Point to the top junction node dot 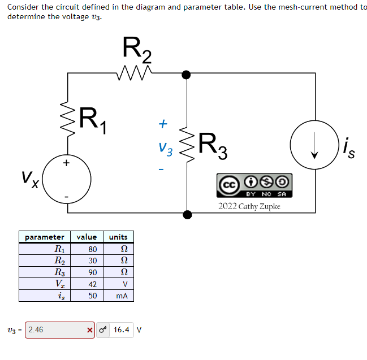click(187, 74)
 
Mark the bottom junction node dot click(187, 213)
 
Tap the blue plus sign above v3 click(163, 123)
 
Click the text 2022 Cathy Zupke click(249, 206)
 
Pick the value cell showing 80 click(92, 249)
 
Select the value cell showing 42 click(92, 284)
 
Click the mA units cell click(121, 296)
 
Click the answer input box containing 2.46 click(54, 329)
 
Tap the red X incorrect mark click(89, 329)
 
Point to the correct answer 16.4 click(122, 329)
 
